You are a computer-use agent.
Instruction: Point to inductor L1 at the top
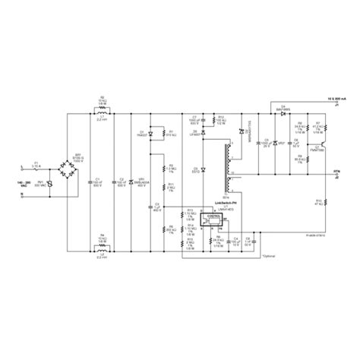pos(102,112)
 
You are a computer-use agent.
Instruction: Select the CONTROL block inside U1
pos(213,216)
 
